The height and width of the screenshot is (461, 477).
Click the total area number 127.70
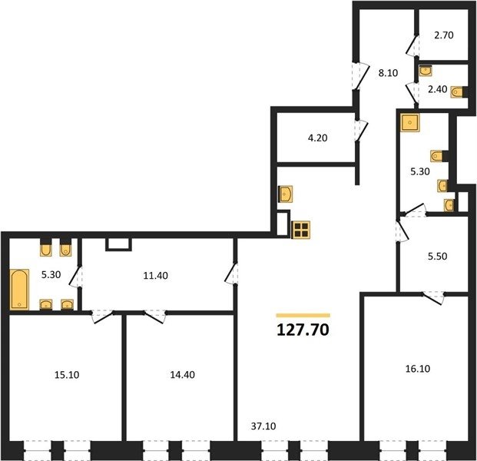[x=303, y=330]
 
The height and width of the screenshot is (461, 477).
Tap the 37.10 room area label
[x=263, y=426]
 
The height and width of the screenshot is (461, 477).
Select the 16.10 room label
[x=418, y=369]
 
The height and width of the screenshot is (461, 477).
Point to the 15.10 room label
[x=67, y=375]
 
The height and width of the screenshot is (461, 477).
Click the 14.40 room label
[x=183, y=375]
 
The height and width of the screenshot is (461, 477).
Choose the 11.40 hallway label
[x=155, y=275]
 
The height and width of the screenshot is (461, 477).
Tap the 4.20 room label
[x=317, y=138]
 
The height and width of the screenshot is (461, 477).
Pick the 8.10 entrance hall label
[x=388, y=73]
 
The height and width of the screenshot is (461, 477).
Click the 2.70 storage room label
[x=444, y=35]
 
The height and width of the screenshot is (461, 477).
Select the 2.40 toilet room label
[x=438, y=89]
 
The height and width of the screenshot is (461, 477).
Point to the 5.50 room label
[x=438, y=256]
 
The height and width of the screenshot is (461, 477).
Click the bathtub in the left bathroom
[x=19, y=290]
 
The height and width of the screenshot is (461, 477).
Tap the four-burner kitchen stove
[x=300, y=230]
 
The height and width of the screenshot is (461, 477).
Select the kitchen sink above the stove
[x=286, y=194]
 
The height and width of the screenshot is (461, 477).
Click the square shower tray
[x=410, y=123]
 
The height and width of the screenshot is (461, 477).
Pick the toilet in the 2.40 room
[x=457, y=92]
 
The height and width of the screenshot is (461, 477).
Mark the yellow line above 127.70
[x=303, y=316]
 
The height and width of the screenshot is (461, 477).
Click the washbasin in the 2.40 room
[x=426, y=71]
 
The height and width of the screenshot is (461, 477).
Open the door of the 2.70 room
[x=412, y=45]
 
